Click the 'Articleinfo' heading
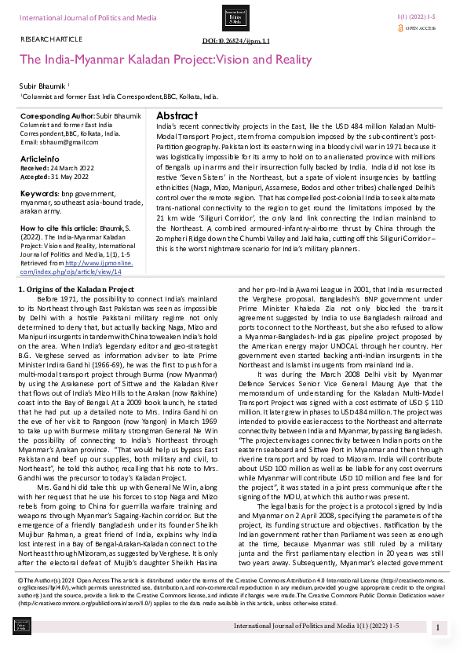point(38,158)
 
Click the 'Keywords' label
point(38,192)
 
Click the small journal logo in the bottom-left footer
point(23,625)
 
